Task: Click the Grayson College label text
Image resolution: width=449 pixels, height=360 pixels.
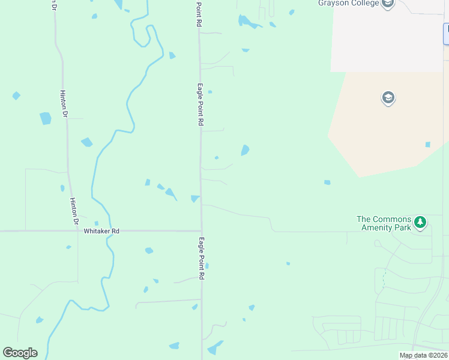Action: click(349, 4)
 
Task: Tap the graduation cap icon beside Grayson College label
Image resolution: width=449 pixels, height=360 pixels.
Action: click(388, 4)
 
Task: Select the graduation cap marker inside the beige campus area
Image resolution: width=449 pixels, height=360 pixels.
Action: click(388, 98)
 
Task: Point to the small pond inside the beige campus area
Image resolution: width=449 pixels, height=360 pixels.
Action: click(427, 145)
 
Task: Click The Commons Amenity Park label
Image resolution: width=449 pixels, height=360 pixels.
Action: click(384, 223)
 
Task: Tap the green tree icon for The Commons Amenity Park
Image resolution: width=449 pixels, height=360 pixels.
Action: click(421, 223)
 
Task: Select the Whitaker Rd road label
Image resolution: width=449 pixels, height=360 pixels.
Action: click(101, 231)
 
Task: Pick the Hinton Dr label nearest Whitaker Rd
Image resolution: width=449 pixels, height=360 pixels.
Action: click(74, 211)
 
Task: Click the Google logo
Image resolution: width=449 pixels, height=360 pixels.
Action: click(20, 353)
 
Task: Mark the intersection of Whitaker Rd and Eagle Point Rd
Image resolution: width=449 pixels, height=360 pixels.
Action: click(201, 230)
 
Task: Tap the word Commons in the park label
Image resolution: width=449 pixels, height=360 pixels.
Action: click(392, 219)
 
